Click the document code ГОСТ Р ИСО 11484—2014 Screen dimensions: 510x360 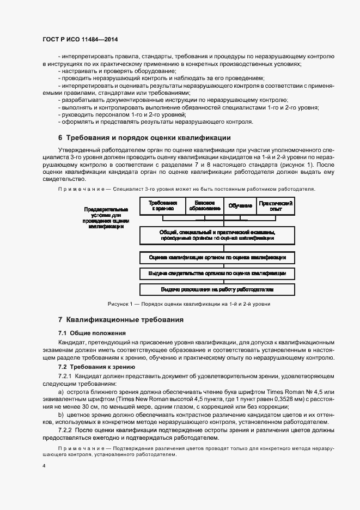(x=80, y=40)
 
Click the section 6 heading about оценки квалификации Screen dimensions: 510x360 (x=144, y=137)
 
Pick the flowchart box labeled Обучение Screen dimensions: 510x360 (x=240, y=205)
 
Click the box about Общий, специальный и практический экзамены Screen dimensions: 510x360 (x=217, y=235)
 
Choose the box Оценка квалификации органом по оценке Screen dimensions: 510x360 (x=217, y=257)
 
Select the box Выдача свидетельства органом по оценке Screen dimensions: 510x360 (x=217, y=273)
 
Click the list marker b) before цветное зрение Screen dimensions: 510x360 (x=60, y=414)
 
